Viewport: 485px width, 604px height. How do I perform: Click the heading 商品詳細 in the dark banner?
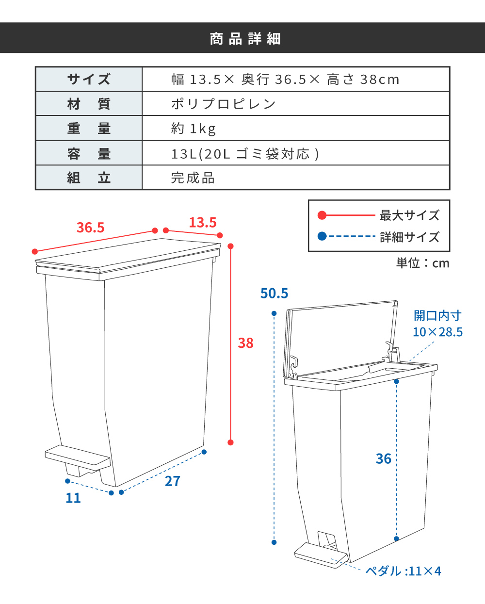click(x=245, y=38)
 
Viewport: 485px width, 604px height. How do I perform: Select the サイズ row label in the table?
click(x=89, y=79)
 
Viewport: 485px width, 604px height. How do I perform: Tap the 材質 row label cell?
click(x=89, y=104)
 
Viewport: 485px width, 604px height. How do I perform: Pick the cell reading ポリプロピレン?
click(x=224, y=104)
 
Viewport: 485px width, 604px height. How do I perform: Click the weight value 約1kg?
click(x=194, y=129)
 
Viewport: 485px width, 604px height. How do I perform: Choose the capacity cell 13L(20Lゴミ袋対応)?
click(x=245, y=154)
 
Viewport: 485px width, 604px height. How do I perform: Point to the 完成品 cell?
click(x=193, y=178)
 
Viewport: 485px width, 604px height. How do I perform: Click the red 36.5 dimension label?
click(x=91, y=227)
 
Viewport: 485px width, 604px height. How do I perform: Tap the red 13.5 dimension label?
click(x=203, y=222)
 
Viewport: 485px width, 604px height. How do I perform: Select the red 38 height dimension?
click(x=246, y=343)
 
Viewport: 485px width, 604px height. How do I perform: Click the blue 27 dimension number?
click(x=173, y=481)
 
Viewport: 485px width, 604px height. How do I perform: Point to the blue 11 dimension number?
click(x=73, y=498)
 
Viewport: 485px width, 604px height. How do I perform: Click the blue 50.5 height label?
click(x=275, y=293)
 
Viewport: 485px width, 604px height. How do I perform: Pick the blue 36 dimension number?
click(x=384, y=458)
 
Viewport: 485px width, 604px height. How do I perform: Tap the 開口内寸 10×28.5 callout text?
click(x=437, y=324)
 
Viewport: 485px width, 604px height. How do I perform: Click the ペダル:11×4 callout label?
click(x=404, y=571)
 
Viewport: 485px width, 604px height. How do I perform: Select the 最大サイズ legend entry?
click(x=409, y=215)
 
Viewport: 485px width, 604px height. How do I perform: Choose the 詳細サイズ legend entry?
click(x=409, y=237)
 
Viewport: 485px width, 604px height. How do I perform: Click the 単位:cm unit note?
click(x=422, y=263)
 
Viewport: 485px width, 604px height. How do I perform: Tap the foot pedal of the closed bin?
click(x=78, y=457)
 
